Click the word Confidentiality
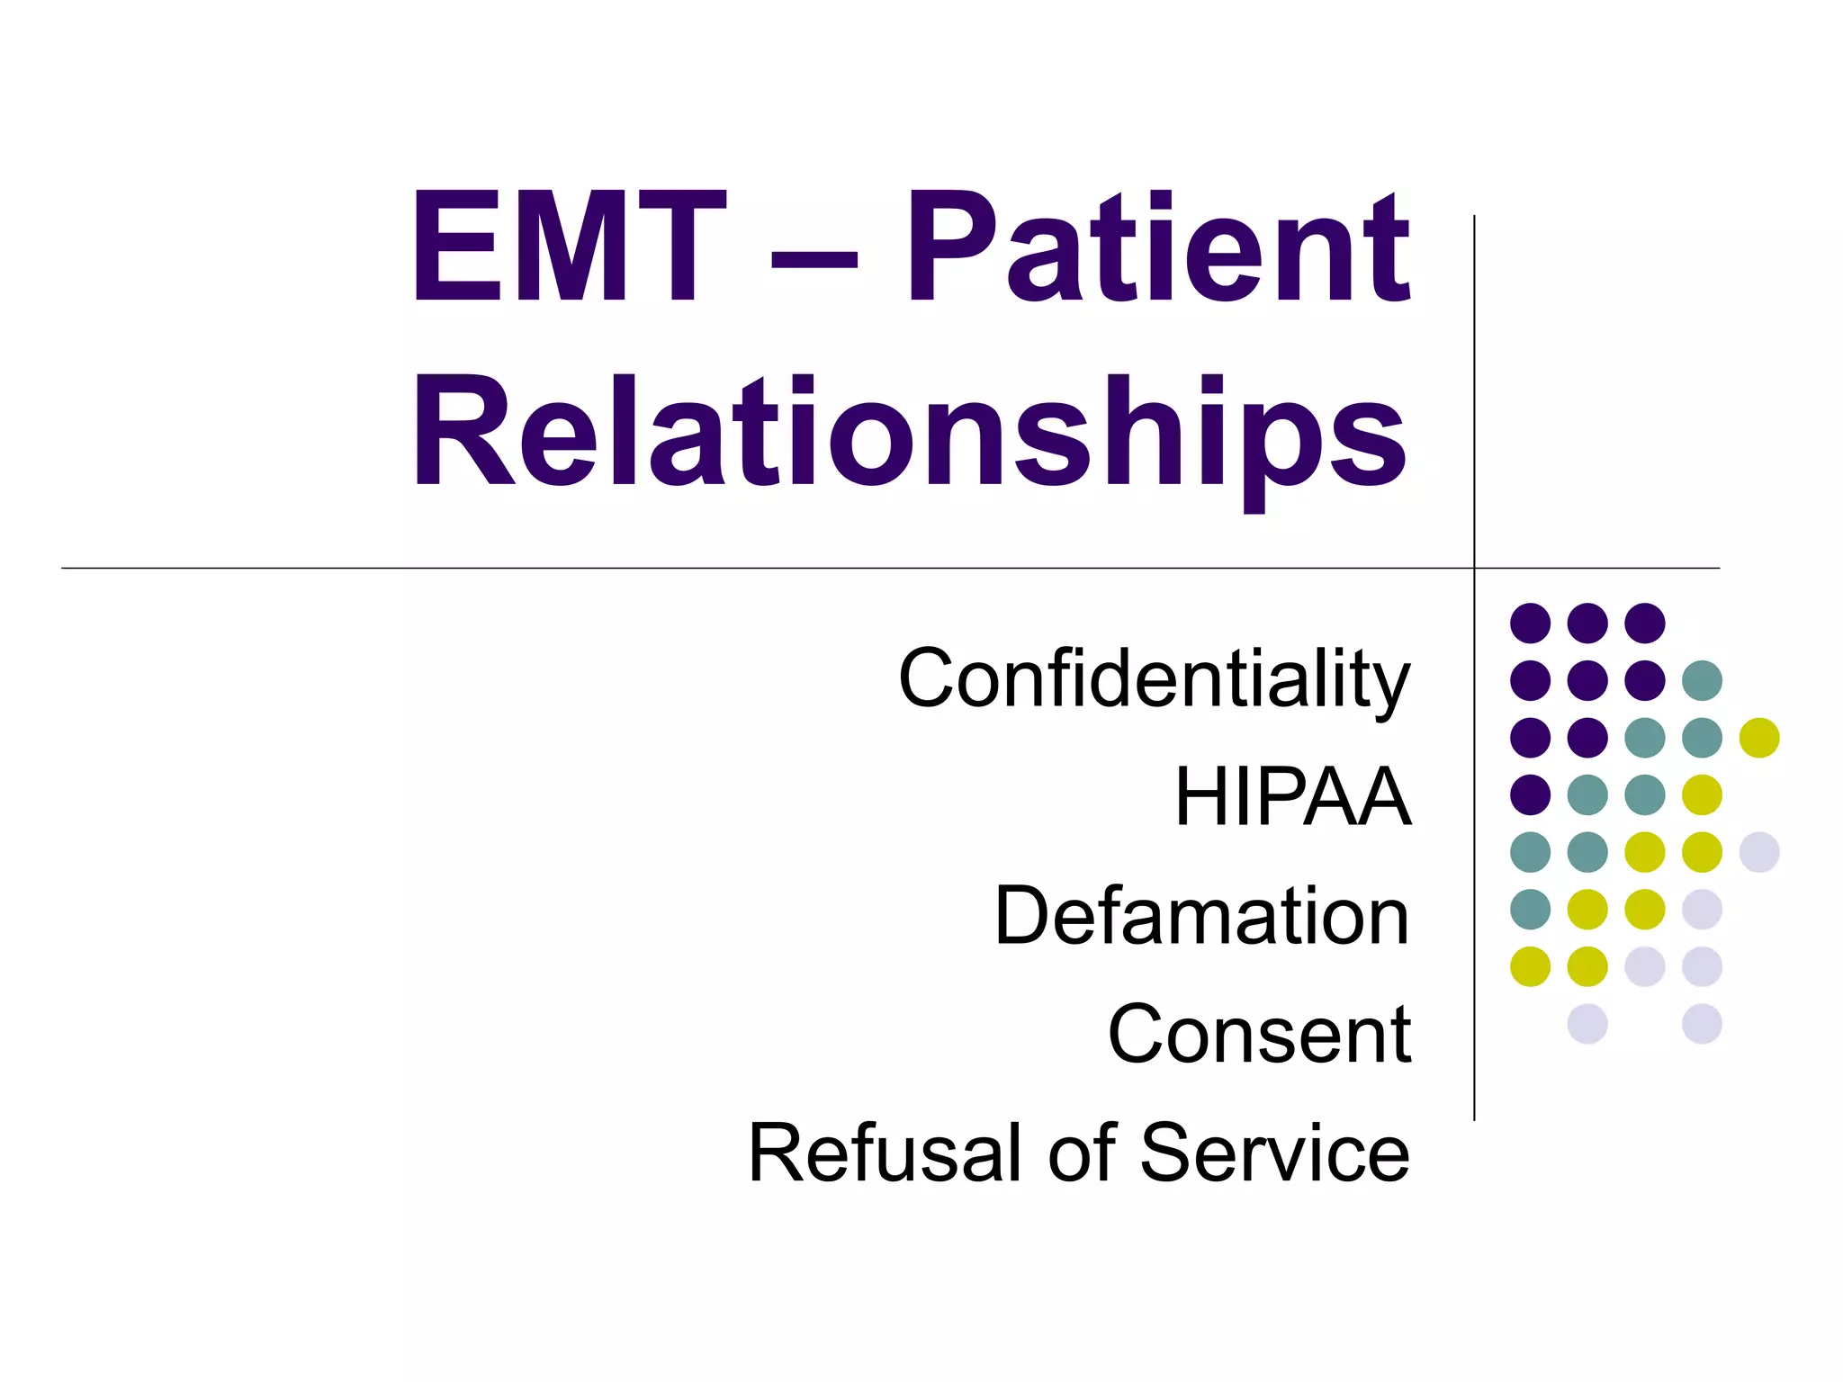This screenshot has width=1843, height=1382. [x=1155, y=680]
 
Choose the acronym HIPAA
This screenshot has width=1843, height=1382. [x=1292, y=796]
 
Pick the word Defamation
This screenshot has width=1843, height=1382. [x=1201, y=916]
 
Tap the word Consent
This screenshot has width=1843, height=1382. [x=1259, y=1035]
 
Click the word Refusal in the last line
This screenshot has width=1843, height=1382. [x=890, y=1153]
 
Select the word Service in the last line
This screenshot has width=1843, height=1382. [x=1274, y=1153]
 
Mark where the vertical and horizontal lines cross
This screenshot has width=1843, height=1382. [x=1474, y=569]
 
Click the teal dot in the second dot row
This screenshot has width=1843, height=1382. [x=1702, y=680]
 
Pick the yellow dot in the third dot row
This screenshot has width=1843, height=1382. [x=1759, y=738]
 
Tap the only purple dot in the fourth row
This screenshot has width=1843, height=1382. [x=1530, y=794]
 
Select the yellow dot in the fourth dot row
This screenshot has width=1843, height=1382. [x=1702, y=794]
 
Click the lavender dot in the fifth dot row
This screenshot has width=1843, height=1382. [x=1759, y=852]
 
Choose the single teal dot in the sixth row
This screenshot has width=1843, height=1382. [x=1530, y=909]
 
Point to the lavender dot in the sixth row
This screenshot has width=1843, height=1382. [x=1702, y=909]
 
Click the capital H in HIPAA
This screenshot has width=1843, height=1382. [x=1198, y=796]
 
